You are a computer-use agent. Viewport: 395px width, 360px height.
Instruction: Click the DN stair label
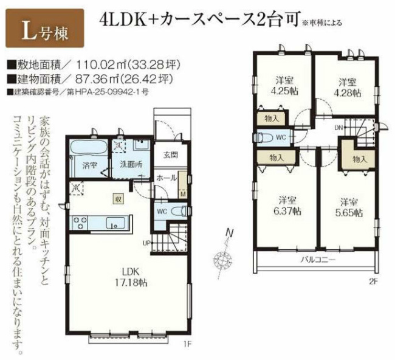(x=338, y=128)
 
